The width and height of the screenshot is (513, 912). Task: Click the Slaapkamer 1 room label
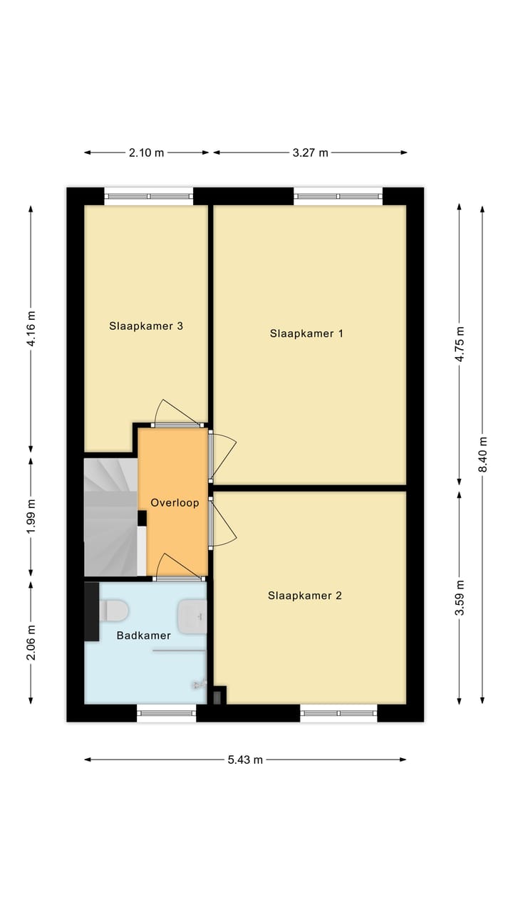coord(306,333)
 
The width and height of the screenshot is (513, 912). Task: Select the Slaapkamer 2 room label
coord(305,596)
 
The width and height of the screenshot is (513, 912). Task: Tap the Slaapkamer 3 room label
coord(146,326)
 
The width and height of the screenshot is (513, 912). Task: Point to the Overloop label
coord(175,502)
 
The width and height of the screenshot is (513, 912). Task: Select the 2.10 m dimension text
coord(146,152)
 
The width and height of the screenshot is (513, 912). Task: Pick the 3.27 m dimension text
coord(310,152)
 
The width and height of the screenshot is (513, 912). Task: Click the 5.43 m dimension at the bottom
coord(245,760)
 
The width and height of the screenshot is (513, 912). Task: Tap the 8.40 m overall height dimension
coord(482,454)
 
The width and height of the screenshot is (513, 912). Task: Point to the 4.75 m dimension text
coord(460,345)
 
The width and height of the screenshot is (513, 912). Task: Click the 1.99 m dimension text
coord(31,517)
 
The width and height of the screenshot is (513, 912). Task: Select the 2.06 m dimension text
coord(31,642)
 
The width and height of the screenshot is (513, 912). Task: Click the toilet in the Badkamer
coord(114,611)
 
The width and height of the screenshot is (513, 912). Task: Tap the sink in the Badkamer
coord(193,616)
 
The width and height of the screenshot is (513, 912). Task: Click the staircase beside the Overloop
coord(110,517)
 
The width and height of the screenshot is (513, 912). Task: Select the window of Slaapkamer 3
coord(149,196)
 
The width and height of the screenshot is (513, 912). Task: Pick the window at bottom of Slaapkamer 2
coord(338,712)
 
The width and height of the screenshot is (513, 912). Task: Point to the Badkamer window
coord(166,712)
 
